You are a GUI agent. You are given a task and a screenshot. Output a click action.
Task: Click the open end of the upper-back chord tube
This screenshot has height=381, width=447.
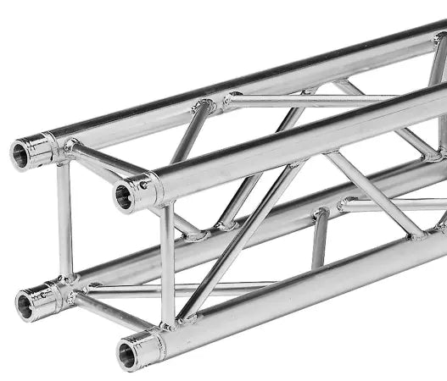click(x=20, y=154)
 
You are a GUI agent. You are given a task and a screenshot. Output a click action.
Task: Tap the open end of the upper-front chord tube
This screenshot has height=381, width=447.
click(x=124, y=198)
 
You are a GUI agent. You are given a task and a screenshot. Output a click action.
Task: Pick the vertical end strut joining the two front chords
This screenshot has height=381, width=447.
click(x=168, y=262)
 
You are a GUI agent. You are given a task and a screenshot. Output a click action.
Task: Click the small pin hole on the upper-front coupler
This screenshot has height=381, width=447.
click(x=143, y=185)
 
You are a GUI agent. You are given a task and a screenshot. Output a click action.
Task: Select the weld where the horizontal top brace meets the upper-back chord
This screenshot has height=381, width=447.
click(x=229, y=102)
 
